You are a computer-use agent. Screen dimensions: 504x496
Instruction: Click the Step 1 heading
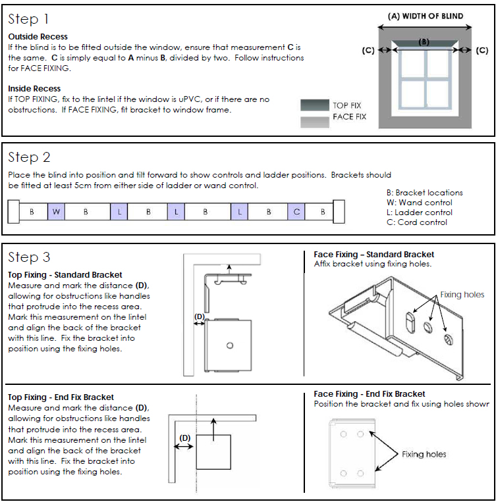pos(28,19)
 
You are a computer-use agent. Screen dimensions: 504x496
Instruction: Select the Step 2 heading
pos(29,157)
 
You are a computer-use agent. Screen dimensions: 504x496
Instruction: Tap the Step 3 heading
pos(29,257)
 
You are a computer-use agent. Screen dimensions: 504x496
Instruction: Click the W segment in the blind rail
pos(56,212)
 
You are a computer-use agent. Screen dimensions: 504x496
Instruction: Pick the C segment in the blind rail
pos(297,212)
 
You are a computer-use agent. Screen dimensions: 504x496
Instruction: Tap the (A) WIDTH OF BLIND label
pos(425,16)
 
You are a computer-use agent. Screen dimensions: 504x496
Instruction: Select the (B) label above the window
pos(424,41)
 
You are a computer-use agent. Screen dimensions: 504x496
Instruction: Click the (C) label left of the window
pos(369,50)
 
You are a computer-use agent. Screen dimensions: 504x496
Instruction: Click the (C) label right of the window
pos(482,50)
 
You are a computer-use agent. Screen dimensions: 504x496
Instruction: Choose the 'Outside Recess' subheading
pos(38,37)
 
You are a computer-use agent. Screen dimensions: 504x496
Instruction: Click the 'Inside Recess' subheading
pos(34,88)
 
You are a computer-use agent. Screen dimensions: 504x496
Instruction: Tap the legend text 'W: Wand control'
pos(419,203)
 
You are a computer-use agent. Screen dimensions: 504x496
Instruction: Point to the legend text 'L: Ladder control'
pos(420,213)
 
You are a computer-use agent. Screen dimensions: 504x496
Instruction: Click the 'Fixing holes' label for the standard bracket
pos(462,295)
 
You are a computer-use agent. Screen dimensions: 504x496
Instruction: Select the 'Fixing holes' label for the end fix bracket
pos(424,454)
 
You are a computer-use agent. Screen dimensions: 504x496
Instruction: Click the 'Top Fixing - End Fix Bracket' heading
pos(61,397)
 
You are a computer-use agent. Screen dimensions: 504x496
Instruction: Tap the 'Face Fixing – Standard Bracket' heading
pos(373,255)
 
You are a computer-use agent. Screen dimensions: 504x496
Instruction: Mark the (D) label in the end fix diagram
pos(185,437)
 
